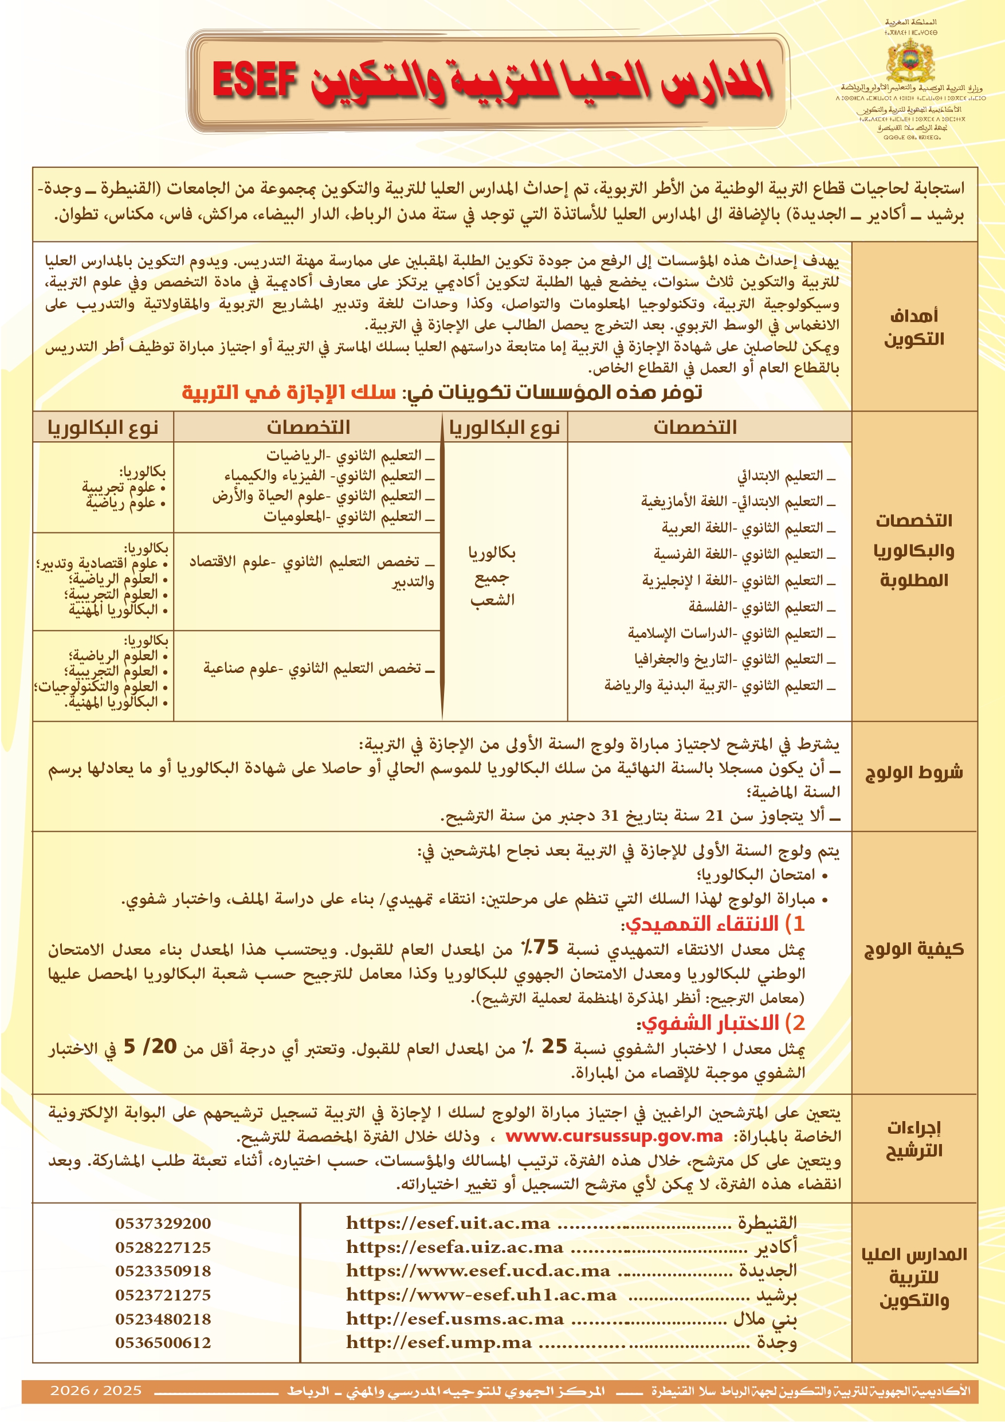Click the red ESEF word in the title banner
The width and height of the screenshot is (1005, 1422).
[x=254, y=80]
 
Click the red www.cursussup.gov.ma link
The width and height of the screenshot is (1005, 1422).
[x=614, y=1137]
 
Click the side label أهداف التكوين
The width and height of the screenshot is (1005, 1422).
[x=913, y=327]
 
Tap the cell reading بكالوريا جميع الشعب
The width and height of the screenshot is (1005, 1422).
[x=492, y=576]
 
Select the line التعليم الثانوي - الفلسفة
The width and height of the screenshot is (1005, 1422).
[x=761, y=607]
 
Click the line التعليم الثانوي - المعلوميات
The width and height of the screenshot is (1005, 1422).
[x=348, y=516]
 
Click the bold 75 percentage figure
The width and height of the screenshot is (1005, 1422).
[x=545, y=947]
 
